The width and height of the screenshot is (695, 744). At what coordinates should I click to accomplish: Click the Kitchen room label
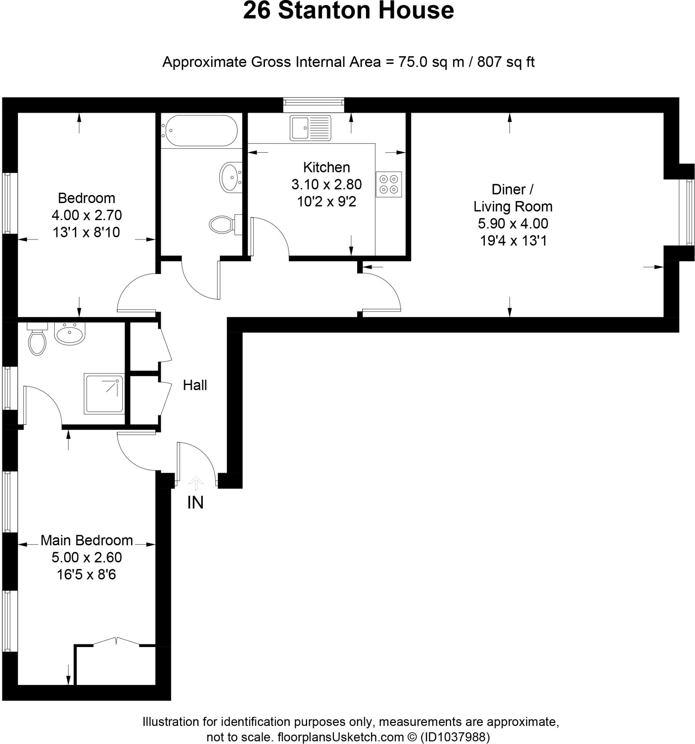pos(326,167)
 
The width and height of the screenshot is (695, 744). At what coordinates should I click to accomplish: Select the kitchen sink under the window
pos(310,128)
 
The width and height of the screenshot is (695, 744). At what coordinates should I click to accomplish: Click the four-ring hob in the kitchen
pos(388,184)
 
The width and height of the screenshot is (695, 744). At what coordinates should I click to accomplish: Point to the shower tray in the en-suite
pos(103,393)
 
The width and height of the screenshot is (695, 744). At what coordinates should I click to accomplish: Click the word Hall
pos(195,385)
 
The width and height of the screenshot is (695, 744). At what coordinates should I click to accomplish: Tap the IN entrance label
pos(195,503)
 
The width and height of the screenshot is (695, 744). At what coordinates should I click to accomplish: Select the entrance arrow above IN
pos(196,483)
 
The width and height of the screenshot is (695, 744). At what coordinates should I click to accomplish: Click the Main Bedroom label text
pos(86,541)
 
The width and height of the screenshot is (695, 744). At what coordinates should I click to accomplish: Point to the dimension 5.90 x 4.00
pos(512,223)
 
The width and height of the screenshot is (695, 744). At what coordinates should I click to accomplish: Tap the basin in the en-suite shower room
pos(70,334)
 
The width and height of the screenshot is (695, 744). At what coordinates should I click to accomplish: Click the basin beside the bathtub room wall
pos(230,177)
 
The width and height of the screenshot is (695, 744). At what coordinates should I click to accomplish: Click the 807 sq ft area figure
pos(506,62)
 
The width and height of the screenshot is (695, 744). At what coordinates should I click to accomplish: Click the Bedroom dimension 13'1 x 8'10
pos(86,232)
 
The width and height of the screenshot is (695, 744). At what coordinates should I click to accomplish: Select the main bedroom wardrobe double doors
pos(116,642)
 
